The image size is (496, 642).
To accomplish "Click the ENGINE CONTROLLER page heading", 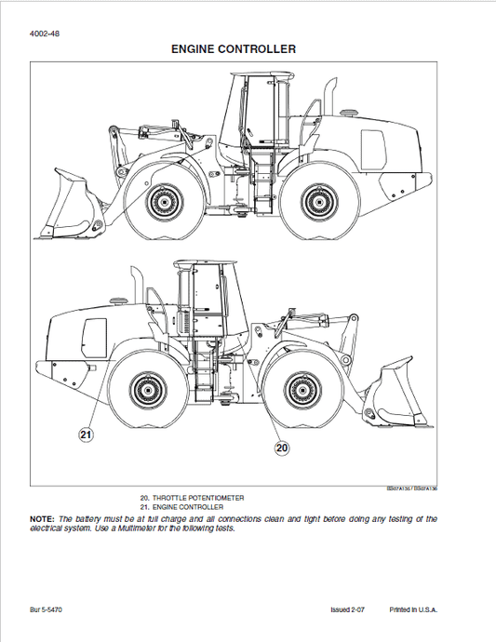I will (x=234, y=47).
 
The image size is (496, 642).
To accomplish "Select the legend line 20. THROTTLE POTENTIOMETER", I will (x=192, y=498).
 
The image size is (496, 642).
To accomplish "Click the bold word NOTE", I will (x=42, y=517).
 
